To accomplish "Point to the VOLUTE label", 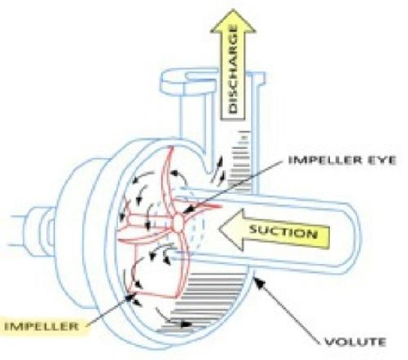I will [x=355, y=341].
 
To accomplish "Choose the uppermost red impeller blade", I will [x=167, y=170].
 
